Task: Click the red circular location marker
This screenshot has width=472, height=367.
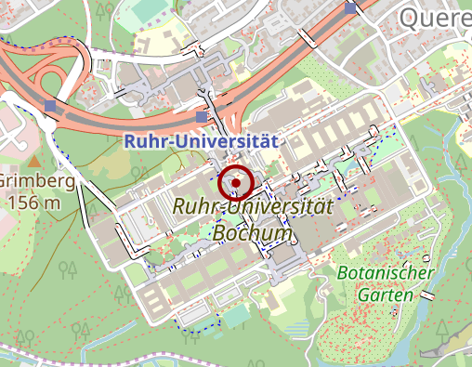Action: tap(236, 184)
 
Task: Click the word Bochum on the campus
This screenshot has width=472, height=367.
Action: tap(252, 232)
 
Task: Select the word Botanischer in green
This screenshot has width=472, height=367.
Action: tap(387, 273)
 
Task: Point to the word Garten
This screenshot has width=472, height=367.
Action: tap(383, 294)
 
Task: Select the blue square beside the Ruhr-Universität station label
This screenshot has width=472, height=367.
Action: tap(203, 117)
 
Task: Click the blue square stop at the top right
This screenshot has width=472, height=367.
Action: tap(350, 8)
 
